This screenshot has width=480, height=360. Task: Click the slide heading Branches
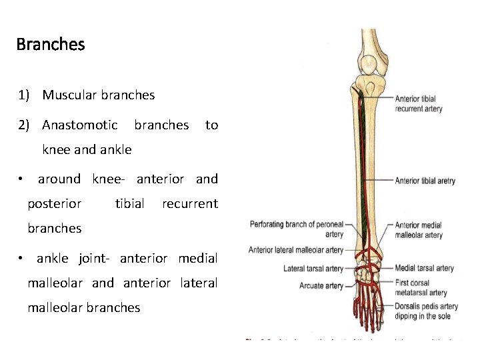coord(51,45)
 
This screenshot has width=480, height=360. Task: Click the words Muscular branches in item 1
coord(99,95)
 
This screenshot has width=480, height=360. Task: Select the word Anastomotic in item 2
coord(80,125)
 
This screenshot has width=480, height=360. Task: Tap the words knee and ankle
coord(87,149)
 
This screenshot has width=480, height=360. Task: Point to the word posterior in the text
coord(55,203)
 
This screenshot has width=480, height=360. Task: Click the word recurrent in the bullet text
coord(190,203)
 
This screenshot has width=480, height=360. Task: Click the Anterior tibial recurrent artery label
coord(419,104)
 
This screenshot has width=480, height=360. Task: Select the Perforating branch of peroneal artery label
coord(297,229)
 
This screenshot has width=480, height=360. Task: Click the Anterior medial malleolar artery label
coord(419,230)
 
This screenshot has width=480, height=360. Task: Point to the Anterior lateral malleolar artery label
coord(296,250)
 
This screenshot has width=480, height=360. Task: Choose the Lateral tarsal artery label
coord(313,269)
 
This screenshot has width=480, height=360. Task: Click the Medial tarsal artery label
coord(424,269)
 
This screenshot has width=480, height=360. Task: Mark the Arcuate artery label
coord(321,286)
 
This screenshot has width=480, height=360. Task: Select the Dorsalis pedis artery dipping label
coord(427,311)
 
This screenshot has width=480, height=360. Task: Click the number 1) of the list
coord(25,95)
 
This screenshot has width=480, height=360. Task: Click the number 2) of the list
coord(25,125)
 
